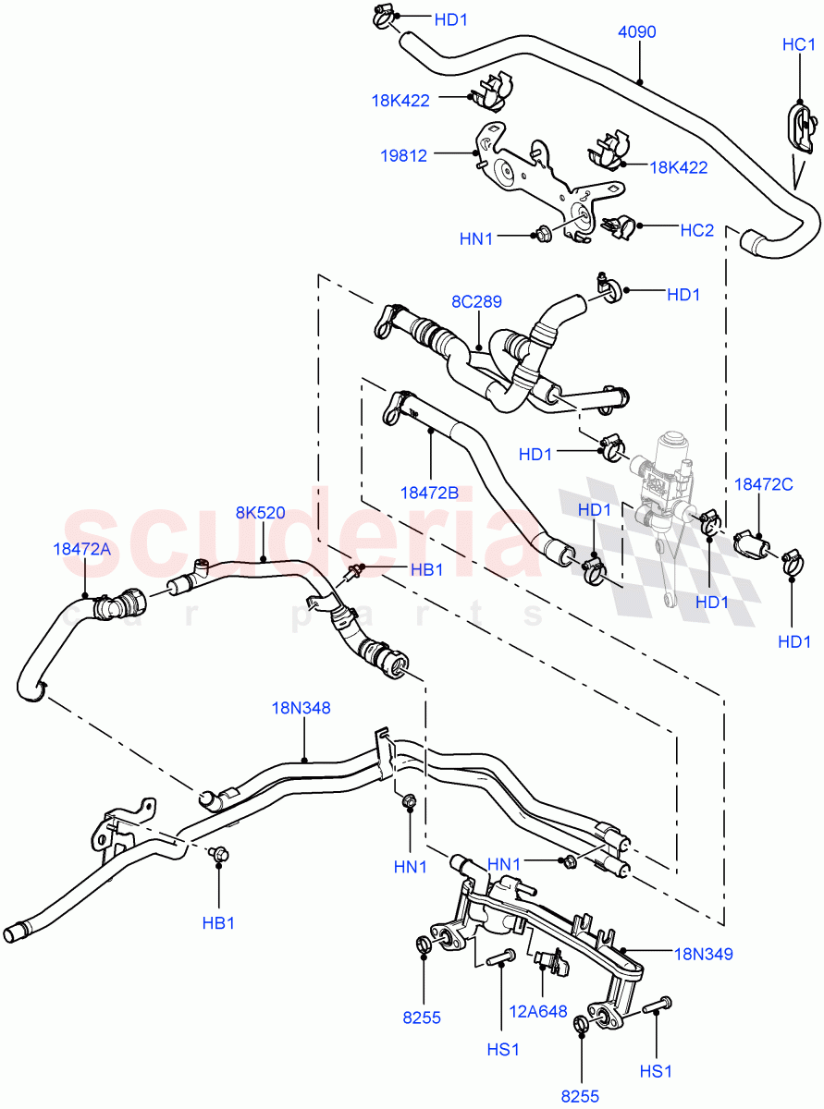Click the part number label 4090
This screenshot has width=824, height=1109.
pos(636,32)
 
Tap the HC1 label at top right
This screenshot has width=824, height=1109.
pos(798,44)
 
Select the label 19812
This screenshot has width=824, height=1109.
pos(403,156)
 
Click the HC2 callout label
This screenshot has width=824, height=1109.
pos(697,230)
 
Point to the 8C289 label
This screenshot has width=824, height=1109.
pos(476,301)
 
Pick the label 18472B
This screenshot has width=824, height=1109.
pos(428,494)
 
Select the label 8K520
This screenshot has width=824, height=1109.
pos(260,513)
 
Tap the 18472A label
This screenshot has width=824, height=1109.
pos(81,549)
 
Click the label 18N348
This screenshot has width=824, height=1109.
pos(301,708)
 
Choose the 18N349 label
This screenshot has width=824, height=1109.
pos(704,954)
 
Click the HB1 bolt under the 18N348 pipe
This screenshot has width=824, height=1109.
pos(218,856)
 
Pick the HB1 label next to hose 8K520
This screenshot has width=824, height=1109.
pos(425,570)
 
